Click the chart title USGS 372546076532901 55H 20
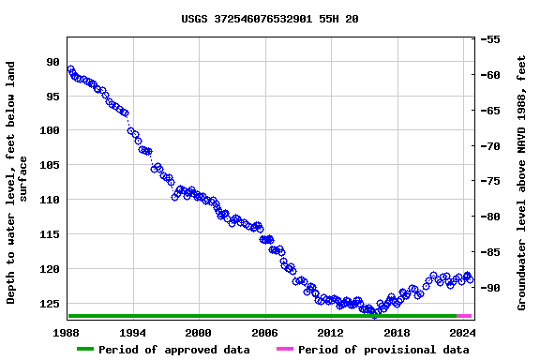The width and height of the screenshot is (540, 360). point(269,19)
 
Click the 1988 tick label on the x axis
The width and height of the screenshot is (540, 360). point(67,332)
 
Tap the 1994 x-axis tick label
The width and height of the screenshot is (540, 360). point(132,332)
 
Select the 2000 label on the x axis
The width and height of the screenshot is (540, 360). point(199,332)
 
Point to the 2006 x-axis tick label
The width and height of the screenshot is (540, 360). point(264,332)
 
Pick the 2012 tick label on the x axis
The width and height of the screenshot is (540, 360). point(331,332)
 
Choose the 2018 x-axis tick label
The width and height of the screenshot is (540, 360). point(397,332)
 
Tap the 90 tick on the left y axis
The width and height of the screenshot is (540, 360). point(52,62)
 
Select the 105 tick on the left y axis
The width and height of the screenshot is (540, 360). point(49,165)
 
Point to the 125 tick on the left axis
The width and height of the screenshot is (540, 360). point(49,304)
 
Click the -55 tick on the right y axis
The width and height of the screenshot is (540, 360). point(492,40)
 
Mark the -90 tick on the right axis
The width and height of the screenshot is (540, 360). point(492,288)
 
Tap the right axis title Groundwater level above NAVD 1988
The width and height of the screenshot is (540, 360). point(522,183)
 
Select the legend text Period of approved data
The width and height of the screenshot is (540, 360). point(173,350)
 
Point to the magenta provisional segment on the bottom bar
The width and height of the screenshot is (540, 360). point(464,316)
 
